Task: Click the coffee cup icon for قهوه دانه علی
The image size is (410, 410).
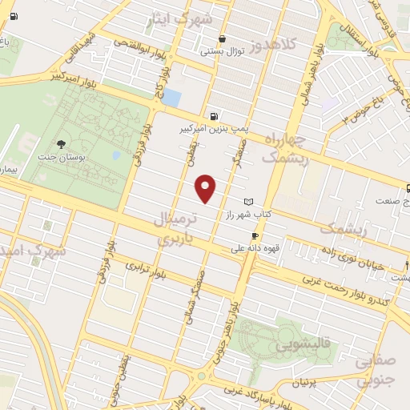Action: click(x=255, y=235)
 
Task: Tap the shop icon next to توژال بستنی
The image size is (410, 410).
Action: click(x=222, y=38)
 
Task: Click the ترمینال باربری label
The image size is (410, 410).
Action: click(x=174, y=227)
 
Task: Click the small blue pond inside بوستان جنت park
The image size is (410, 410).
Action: click(x=116, y=155)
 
